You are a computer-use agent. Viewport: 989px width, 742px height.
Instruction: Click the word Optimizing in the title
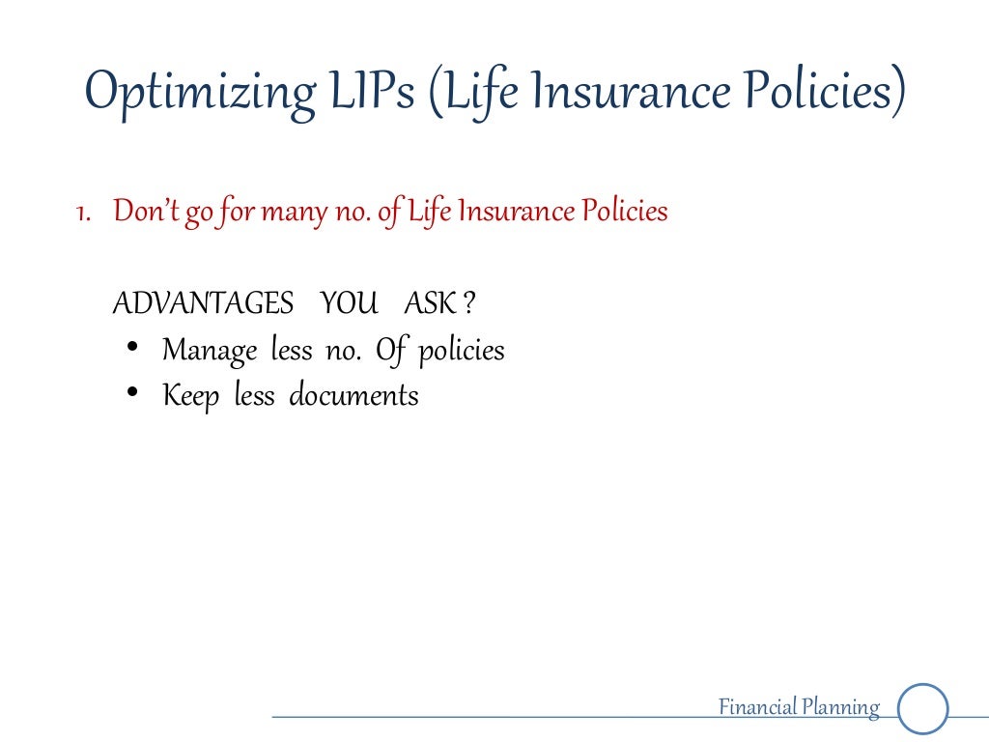(198, 93)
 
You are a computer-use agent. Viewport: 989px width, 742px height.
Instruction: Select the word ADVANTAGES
(203, 304)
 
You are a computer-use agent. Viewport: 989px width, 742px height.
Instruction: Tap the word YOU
(350, 304)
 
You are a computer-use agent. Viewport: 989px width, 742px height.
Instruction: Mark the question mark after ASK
(468, 304)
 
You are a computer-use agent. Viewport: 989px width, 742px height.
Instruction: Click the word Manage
(210, 350)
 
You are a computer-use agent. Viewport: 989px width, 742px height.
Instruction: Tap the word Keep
(191, 395)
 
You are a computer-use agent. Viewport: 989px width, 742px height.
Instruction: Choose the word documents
(354, 395)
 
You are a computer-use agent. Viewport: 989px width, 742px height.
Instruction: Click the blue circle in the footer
(923, 709)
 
